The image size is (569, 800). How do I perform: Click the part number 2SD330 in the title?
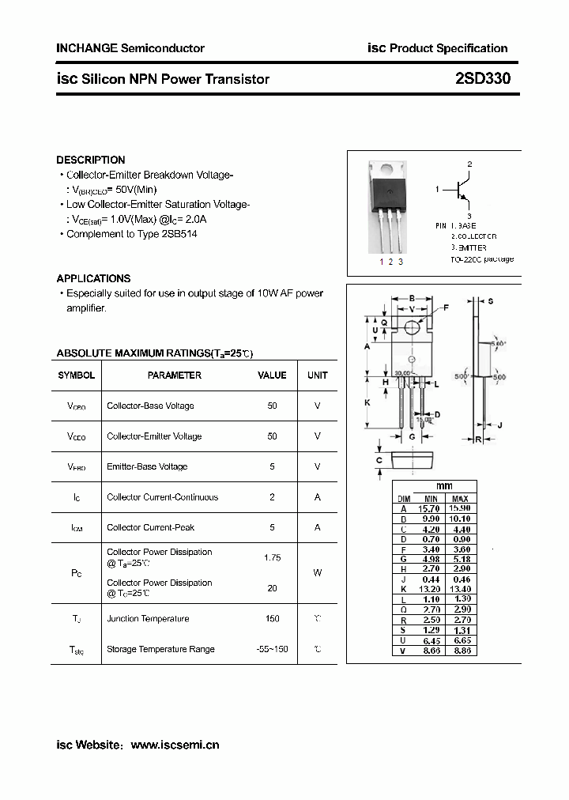click(483, 79)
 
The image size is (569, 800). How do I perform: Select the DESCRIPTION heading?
click(91, 160)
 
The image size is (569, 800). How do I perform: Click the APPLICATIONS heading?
click(93, 278)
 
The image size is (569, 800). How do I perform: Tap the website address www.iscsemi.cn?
click(175, 745)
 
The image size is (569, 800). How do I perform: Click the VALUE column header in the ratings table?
click(272, 375)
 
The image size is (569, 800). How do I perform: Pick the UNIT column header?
click(318, 375)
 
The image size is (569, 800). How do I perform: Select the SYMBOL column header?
click(77, 375)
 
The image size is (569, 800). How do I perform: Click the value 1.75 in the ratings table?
click(272, 557)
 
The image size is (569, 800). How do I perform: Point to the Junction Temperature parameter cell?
click(148, 619)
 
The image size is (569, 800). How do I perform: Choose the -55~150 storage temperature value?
click(272, 649)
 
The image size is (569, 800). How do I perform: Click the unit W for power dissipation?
click(318, 572)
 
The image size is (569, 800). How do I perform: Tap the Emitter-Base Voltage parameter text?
click(147, 466)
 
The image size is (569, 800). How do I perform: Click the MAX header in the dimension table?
click(460, 499)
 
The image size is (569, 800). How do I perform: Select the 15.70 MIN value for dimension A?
click(431, 508)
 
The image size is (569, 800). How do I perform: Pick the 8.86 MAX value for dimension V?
click(460, 650)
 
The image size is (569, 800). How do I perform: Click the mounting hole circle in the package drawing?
click(412, 327)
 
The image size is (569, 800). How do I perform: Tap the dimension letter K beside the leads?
click(367, 402)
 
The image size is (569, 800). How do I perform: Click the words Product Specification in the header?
click(449, 48)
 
